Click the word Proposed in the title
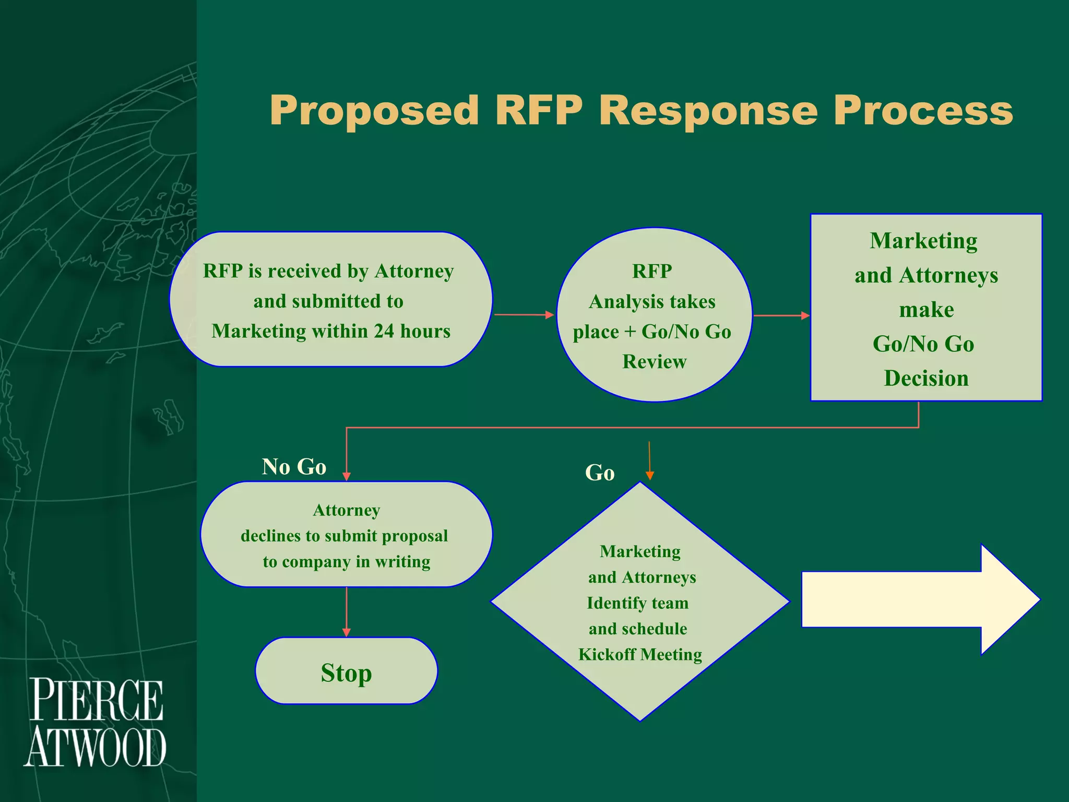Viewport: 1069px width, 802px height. click(x=374, y=111)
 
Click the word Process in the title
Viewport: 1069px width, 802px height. click(x=922, y=111)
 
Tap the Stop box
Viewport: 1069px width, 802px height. click(x=346, y=671)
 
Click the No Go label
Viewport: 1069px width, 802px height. click(x=294, y=467)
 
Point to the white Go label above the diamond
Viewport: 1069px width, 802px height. click(x=600, y=473)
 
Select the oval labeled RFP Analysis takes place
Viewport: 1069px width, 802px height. click(x=654, y=315)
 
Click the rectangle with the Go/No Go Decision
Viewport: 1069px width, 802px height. click(x=925, y=308)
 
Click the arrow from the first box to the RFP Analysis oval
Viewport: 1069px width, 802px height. click(x=524, y=315)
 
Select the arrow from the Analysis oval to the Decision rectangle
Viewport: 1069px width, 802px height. click(x=781, y=315)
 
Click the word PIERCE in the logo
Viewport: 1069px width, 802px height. click(x=97, y=700)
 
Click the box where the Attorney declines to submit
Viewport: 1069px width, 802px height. click(x=346, y=535)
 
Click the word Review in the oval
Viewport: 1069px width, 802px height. click(x=654, y=362)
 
